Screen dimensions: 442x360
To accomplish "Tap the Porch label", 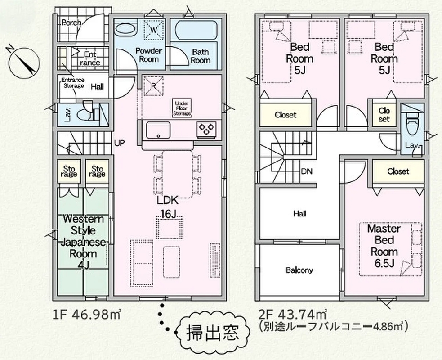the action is tap(71, 22).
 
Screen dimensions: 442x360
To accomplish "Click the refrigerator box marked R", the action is tap(154, 86).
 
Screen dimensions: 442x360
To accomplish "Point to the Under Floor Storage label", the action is tap(182, 108).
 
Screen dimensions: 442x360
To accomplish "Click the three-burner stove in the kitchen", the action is tap(206, 129).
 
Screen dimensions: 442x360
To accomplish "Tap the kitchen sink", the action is tap(158, 130).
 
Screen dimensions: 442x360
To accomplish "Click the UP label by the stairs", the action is tap(119, 143).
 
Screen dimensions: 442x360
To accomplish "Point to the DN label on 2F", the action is tap(306, 171).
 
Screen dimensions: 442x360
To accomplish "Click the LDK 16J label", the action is tap(168, 207).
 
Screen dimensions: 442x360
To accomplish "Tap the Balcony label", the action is tap(299, 270).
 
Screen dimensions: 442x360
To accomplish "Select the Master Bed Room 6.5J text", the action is tap(384, 246).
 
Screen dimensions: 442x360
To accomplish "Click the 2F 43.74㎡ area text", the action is tap(293, 314).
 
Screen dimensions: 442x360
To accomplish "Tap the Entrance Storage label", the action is tap(73, 83).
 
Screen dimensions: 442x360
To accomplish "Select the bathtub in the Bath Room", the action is tap(196, 30).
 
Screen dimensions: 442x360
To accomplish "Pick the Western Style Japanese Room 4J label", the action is tap(83, 242).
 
